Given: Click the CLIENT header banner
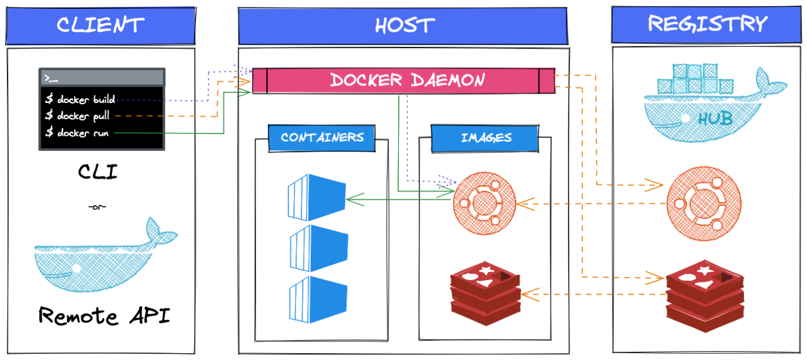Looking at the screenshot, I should pos(100,26).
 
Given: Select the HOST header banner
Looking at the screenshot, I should pos(403,26).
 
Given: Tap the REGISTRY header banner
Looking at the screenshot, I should pos(707,24).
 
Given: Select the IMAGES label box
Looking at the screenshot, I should pos(486,138).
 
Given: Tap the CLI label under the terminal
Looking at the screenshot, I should pos(98,172).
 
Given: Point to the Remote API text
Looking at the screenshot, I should pos(104,316).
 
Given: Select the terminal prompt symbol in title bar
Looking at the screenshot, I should pos(51,78).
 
